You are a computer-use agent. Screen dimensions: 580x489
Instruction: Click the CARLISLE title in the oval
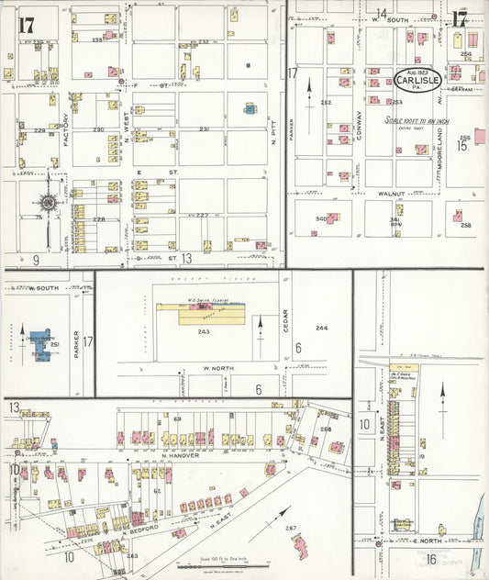pyautogui.click(x=418, y=81)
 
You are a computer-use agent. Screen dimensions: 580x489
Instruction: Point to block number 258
pyautogui.click(x=465, y=225)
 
